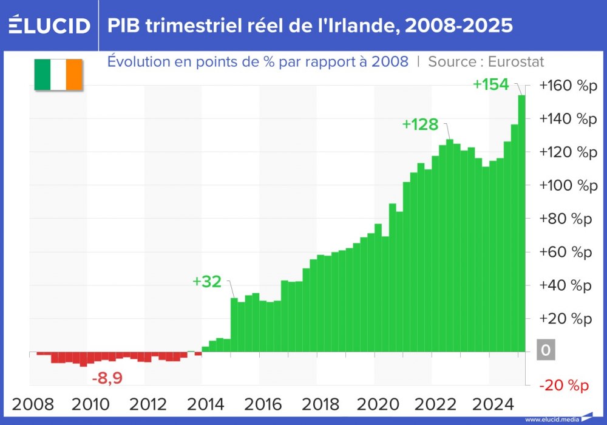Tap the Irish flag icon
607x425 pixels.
58,75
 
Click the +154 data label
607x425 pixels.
490,85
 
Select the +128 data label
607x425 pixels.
420,124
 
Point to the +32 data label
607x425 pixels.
207,282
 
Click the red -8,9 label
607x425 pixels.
107,378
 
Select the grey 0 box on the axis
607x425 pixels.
545,350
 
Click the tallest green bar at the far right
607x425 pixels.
521,225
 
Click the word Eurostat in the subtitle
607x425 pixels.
517,61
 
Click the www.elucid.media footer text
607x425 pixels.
551,419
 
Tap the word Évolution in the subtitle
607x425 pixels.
137,61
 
